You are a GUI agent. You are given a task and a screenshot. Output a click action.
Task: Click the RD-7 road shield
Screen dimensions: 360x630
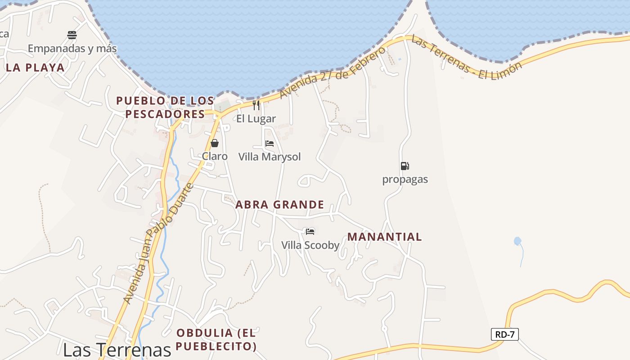point(504,334)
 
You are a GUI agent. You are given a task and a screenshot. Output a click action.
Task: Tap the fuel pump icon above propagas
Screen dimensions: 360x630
point(405,166)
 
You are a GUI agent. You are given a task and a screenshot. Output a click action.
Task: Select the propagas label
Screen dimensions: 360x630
point(405,180)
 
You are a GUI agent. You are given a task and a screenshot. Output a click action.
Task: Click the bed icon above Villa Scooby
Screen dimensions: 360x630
point(310,232)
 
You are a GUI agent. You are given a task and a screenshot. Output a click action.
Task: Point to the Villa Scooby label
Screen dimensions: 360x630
point(310,245)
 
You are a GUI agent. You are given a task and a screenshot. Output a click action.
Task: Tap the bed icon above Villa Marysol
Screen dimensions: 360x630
point(270,144)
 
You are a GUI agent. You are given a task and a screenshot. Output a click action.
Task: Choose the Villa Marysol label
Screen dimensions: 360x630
point(270,157)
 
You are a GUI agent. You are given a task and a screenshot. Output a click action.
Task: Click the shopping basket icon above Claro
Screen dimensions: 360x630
point(215,143)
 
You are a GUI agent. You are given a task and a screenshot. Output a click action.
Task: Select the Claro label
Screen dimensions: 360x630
point(215,156)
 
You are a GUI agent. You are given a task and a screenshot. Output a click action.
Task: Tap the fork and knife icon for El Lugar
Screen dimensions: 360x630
point(256,105)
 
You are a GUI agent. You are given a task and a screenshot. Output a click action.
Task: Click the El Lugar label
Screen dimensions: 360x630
point(256,119)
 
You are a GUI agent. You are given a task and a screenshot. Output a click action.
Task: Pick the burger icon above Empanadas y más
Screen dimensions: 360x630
point(72,35)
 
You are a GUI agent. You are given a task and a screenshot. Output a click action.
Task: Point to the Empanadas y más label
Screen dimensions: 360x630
point(72,49)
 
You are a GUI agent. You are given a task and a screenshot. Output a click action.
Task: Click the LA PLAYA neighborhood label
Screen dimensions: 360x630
point(36,68)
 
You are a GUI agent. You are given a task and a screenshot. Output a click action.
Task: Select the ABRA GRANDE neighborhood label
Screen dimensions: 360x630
point(279,205)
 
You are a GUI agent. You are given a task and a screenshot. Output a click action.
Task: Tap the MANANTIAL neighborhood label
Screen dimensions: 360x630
point(385,237)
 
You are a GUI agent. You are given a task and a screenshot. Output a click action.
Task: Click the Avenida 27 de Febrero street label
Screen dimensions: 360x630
point(333,72)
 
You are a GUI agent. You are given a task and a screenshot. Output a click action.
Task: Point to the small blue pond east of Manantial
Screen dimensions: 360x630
point(517,241)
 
